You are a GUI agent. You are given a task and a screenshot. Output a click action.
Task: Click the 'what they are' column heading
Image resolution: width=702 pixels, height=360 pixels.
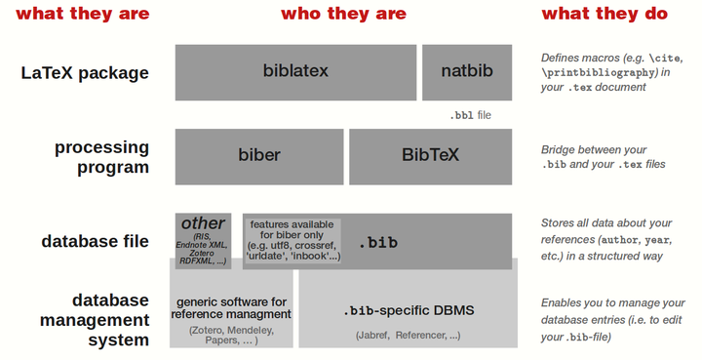pyautogui.click(x=83, y=14)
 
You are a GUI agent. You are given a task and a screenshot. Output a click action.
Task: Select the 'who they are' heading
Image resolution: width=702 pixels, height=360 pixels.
pyautogui.click(x=343, y=14)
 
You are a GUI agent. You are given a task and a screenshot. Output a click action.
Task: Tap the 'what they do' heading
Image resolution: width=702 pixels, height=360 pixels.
pyautogui.click(x=604, y=14)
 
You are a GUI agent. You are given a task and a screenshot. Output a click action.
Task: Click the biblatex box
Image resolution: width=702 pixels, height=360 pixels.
pyautogui.click(x=294, y=71)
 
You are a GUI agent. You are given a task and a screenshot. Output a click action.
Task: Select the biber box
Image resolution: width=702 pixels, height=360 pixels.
pyautogui.click(x=258, y=155)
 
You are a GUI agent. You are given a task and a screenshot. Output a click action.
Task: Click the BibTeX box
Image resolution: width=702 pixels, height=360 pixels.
pyautogui.click(x=430, y=155)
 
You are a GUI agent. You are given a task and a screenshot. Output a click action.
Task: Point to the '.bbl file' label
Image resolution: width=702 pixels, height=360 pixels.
pyautogui.click(x=470, y=115)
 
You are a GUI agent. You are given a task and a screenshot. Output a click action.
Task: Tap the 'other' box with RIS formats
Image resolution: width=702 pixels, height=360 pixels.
pyautogui.click(x=203, y=240)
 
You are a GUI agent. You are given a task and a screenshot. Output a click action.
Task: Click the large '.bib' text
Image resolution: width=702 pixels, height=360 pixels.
pyautogui.click(x=378, y=242)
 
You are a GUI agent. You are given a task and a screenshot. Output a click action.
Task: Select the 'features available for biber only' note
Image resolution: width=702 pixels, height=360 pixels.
pyautogui.click(x=292, y=240)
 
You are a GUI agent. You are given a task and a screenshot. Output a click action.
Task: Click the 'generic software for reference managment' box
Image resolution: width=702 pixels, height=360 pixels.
pyautogui.click(x=231, y=309)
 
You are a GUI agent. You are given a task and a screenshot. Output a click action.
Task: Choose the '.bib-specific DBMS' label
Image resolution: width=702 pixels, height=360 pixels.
pyautogui.click(x=408, y=310)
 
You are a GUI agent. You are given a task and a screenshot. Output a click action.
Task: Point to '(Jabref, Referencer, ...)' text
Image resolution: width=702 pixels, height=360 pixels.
pyautogui.click(x=408, y=335)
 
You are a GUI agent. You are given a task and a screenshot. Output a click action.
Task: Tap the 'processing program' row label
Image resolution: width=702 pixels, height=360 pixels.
pyautogui.click(x=101, y=156)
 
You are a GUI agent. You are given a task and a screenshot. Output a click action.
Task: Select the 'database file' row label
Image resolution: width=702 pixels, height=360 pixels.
pyautogui.click(x=95, y=241)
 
